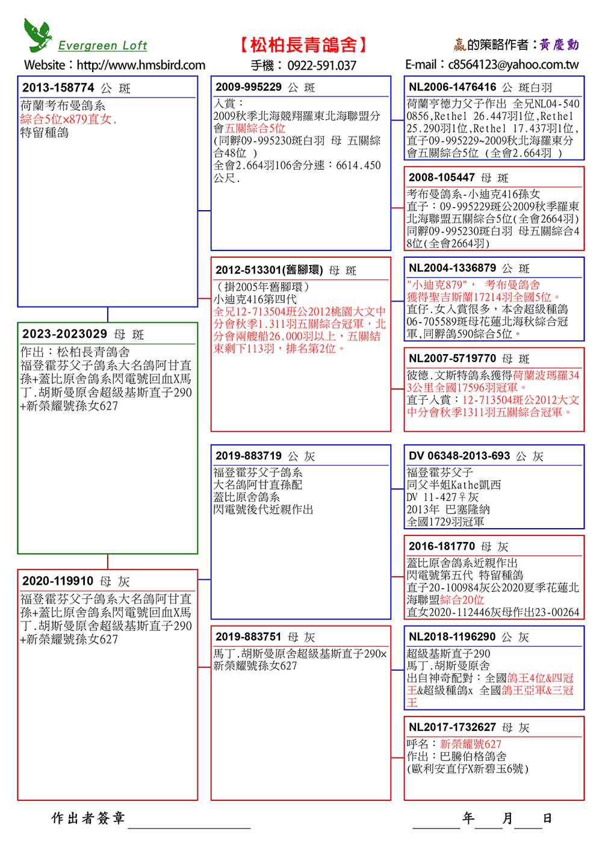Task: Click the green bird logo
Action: click(37, 34)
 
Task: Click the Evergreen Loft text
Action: click(102, 46)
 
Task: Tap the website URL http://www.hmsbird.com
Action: click(141, 65)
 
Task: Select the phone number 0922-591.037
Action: click(321, 66)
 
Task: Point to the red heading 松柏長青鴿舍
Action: click(303, 45)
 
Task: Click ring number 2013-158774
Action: click(58, 88)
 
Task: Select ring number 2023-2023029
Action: click(64, 334)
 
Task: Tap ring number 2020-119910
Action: click(58, 581)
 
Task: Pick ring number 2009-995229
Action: click(248, 87)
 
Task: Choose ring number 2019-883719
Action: click(248, 456)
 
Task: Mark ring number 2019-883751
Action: click(248, 636)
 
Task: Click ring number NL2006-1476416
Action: click(453, 87)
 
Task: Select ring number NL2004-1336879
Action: click(453, 268)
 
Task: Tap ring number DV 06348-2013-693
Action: click(459, 456)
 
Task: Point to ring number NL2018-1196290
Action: click(453, 636)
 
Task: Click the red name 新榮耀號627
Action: click(471, 744)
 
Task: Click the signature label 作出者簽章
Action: click(88, 818)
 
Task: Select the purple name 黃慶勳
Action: click(559, 45)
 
